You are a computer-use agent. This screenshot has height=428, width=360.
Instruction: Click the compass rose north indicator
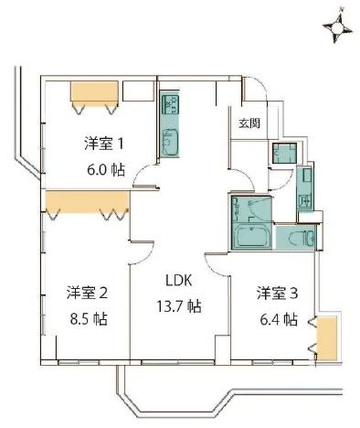pos(337,28)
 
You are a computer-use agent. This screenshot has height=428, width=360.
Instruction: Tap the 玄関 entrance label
pos(249,123)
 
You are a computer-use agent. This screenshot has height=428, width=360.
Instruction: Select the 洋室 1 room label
pos(104,144)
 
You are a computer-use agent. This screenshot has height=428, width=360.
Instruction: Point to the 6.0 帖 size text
pos(106,170)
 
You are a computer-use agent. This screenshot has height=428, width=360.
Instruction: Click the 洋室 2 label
pos(87,293)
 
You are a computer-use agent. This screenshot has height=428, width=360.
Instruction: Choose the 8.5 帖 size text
pos(89,319)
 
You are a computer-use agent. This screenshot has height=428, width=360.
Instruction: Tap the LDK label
pos(179,280)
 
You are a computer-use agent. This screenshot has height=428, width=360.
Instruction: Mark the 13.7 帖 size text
pos(179,306)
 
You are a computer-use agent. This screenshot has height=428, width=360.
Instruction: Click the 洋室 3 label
pos(277,293)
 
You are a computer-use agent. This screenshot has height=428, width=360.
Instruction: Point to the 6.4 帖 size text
pos(279,319)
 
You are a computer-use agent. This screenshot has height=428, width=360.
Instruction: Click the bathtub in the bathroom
pos(251,236)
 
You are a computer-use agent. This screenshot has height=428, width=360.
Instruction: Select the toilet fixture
pos(300,237)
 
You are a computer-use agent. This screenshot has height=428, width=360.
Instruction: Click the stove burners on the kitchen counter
pos(170,104)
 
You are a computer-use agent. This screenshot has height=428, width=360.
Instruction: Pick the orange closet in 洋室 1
pos(94,91)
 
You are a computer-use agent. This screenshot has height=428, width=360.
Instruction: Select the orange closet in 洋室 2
pos(87,201)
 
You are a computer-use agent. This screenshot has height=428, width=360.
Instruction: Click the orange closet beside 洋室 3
pos(327,338)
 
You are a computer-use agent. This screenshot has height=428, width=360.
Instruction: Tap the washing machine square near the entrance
pos(284,153)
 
